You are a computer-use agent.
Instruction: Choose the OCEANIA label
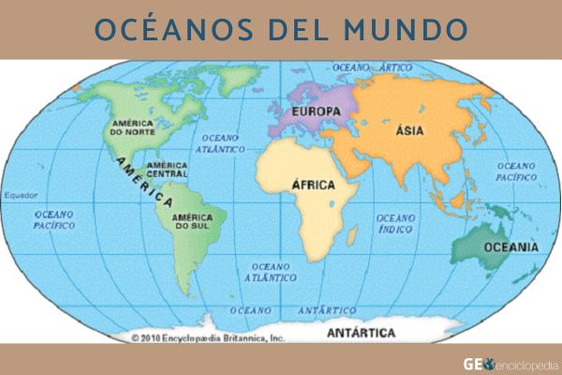[510, 247]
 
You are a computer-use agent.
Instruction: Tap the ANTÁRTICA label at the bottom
[361, 333]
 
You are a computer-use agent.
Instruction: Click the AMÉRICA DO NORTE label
[132, 127]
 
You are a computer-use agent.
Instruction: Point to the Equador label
[20, 196]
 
